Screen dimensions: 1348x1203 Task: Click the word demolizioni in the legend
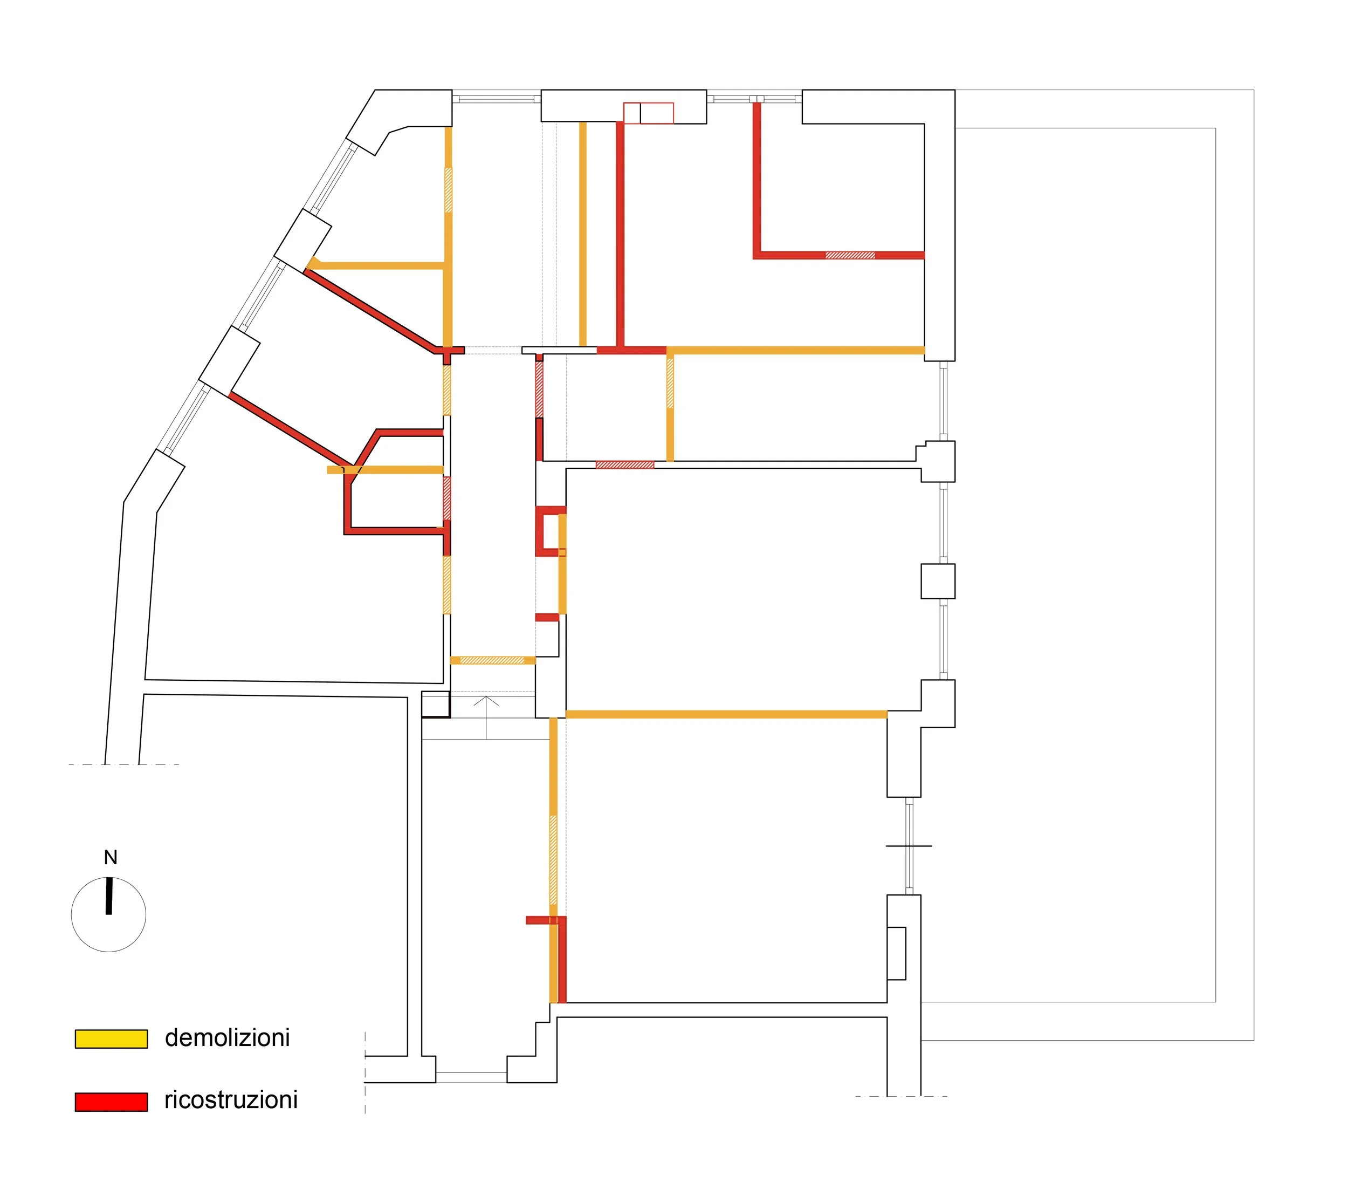point(228,1038)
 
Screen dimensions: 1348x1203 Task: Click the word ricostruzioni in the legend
point(231,1100)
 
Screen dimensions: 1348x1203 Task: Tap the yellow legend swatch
point(111,1038)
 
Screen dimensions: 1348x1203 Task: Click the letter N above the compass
point(111,857)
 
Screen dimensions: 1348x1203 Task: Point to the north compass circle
point(108,915)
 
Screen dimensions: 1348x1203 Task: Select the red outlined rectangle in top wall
point(648,113)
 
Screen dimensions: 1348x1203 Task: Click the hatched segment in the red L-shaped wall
point(850,255)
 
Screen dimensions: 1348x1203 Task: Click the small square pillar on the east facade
point(938,581)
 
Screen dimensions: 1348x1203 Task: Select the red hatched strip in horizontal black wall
point(624,464)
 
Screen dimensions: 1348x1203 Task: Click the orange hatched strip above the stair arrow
point(492,660)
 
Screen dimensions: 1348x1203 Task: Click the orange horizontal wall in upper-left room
point(380,266)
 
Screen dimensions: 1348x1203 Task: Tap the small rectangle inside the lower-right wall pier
point(896,953)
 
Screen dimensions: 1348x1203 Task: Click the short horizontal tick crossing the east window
point(909,846)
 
